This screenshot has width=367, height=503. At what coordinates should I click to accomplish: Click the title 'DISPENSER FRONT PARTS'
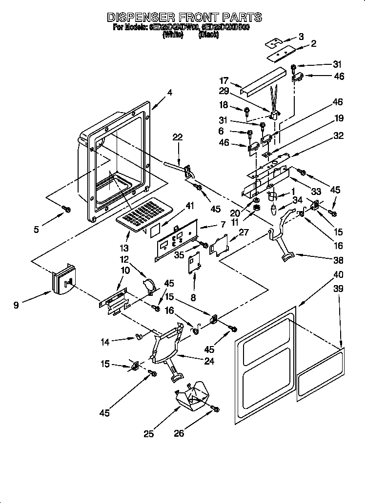(184, 17)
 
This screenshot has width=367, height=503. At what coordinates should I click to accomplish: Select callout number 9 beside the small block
(16, 306)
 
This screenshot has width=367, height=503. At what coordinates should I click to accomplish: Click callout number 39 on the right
(338, 289)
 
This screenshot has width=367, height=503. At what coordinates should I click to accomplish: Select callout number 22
(177, 138)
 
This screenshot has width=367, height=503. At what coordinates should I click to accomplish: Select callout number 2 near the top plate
(313, 43)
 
